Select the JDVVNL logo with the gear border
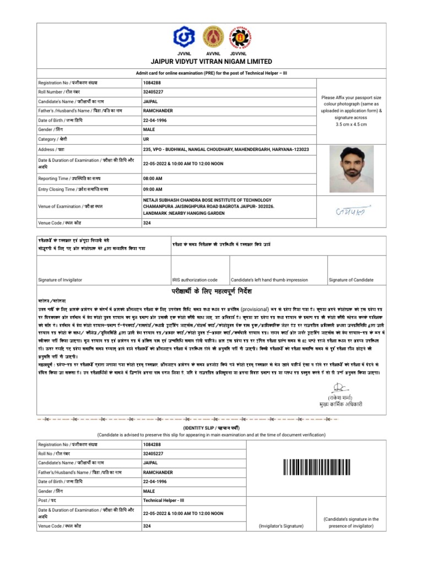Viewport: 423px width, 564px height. tap(241, 37)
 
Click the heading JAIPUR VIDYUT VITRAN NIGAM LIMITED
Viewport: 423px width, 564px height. tap(211, 62)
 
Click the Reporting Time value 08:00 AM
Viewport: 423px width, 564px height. tap(153, 179)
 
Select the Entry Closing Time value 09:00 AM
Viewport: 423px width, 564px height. tap(153, 189)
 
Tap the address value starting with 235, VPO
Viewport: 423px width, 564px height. tap(226, 150)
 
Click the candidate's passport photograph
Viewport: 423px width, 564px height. tap(351, 170)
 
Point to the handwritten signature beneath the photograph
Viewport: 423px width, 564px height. tap(353, 211)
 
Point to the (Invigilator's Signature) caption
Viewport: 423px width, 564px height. tap(281, 527)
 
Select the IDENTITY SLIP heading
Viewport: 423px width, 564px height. tap(211, 428)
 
